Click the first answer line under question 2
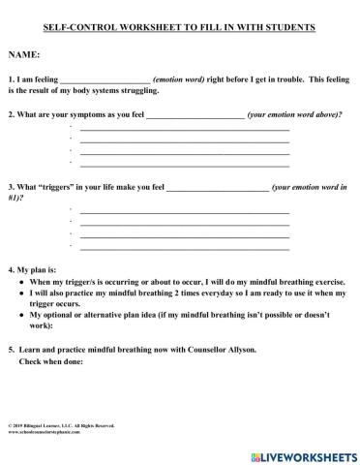click(184, 129)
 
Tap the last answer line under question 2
click(184, 164)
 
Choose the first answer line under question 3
click(184, 212)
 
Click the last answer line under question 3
click(184, 247)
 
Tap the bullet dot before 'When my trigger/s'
click(21, 280)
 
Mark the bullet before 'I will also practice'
click(21, 292)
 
